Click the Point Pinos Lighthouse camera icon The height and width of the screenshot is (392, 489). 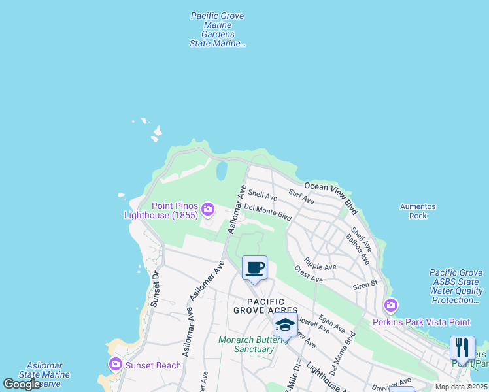[x=208, y=209]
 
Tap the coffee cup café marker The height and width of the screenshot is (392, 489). [x=254, y=267]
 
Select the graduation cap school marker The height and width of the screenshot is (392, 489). [x=285, y=325]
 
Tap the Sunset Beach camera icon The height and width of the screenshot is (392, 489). [x=116, y=364]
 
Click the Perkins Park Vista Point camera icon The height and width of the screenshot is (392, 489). [x=391, y=305]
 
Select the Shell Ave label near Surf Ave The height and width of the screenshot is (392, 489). [x=262, y=195]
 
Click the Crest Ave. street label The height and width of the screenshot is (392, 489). [x=309, y=274]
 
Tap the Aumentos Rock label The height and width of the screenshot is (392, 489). [x=418, y=211]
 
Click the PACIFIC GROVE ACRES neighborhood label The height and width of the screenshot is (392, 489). [x=265, y=305]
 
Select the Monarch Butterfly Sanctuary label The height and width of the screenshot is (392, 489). [x=246, y=344]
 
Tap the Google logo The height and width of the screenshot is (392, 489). [x=22, y=384]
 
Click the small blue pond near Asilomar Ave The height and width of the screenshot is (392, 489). [x=221, y=172]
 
